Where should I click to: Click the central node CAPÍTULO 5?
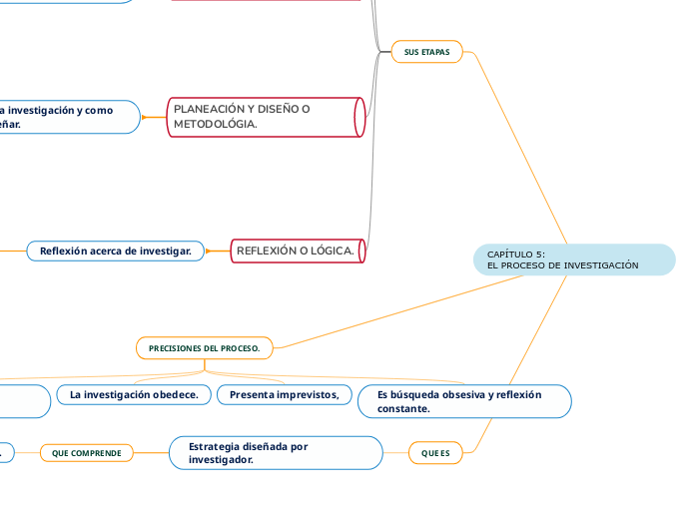pyautogui.click(x=573, y=259)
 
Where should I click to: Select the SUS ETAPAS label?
pyautogui.click(x=426, y=52)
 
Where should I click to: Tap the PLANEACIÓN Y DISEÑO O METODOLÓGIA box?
pyautogui.click(x=264, y=117)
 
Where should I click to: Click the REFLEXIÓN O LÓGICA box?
pyautogui.click(x=298, y=251)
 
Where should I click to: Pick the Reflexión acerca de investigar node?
pyautogui.click(x=115, y=251)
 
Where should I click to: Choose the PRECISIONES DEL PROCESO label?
pyautogui.click(x=204, y=347)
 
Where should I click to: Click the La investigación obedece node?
pyautogui.click(x=133, y=395)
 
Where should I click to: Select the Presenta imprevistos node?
pyautogui.click(x=284, y=395)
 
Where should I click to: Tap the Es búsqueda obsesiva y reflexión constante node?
pyautogui.click(x=464, y=401)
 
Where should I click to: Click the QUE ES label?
pyautogui.click(x=435, y=453)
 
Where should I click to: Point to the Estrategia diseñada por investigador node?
pyautogui.click(x=276, y=453)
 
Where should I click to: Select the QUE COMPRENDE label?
pyautogui.click(x=86, y=453)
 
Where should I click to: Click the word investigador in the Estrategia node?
pyautogui.click(x=221, y=460)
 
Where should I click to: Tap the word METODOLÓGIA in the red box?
pyautogui.click(x=215, y=124)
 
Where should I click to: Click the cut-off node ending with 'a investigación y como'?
pyautogui.click(x=66, y=117)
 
